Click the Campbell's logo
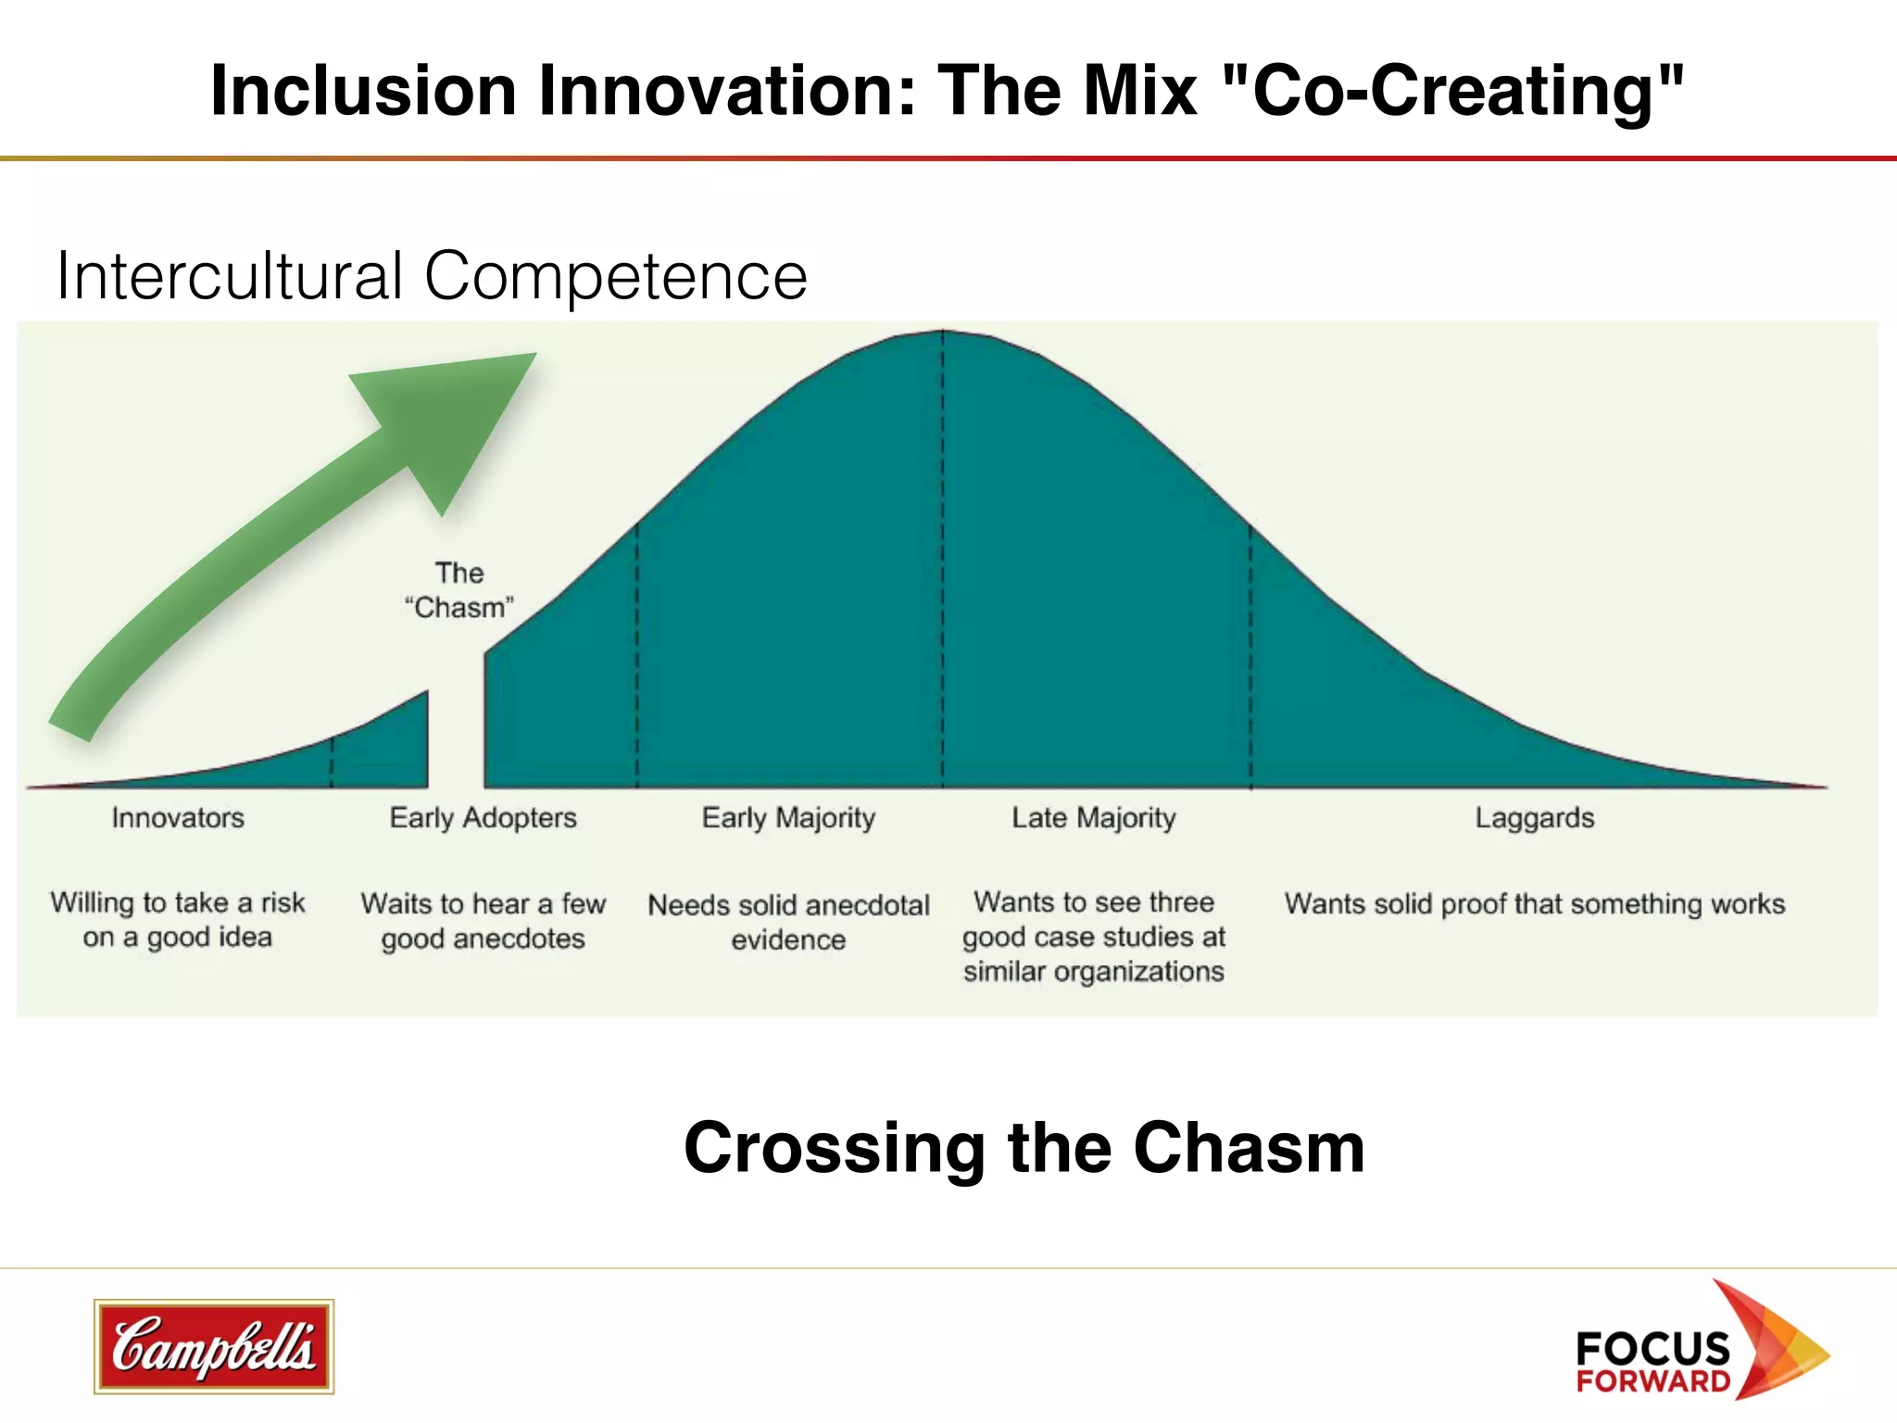213,1346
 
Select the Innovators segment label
178,818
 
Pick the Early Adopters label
483,818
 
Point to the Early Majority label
788,818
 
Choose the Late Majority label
1093,818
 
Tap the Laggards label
1534,818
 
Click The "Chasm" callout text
459,590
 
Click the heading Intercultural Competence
432,276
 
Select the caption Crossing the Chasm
1024,1148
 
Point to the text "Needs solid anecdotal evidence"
788,922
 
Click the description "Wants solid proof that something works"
1534,903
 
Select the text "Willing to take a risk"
178,903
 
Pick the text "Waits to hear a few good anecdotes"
483,921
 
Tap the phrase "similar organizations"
1093,972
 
